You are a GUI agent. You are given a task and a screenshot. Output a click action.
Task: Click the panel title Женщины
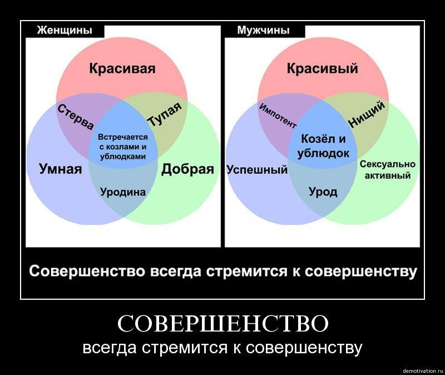(65, 30)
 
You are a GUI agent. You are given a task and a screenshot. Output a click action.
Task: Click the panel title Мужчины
(263, 30)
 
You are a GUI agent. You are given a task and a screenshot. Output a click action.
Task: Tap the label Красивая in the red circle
(122, 69)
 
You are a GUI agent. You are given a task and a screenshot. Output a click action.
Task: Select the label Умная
(61, 169)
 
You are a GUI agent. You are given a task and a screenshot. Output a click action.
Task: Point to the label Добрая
(187, 169)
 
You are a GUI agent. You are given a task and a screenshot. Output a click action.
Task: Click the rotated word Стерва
(76, 117)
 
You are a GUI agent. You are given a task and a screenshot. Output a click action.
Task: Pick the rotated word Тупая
(165, 114)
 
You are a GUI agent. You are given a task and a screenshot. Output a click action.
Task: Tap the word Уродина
(123, 192)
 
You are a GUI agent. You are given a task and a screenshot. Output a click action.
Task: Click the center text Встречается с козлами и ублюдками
(123, 147)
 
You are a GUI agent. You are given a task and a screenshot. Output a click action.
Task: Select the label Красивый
(323, 69)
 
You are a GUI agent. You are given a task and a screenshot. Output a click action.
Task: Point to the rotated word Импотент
(278, 116)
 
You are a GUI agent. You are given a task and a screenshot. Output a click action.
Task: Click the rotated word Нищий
(367, 114)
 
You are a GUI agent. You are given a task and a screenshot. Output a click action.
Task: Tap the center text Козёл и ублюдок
(323, 146)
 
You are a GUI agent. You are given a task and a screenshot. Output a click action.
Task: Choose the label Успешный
(257, 170)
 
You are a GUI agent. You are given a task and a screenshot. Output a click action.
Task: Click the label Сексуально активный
(388, 170)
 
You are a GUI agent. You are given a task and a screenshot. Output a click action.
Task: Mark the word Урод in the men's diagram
(323, 192)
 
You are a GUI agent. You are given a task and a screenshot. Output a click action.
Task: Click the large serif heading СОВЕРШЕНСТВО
(223, 324)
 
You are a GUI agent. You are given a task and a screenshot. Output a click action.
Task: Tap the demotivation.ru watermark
(423, 371)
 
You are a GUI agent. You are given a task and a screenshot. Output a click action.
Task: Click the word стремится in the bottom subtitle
(185, 348)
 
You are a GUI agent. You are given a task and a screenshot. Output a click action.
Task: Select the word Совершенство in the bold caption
(87, 271)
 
